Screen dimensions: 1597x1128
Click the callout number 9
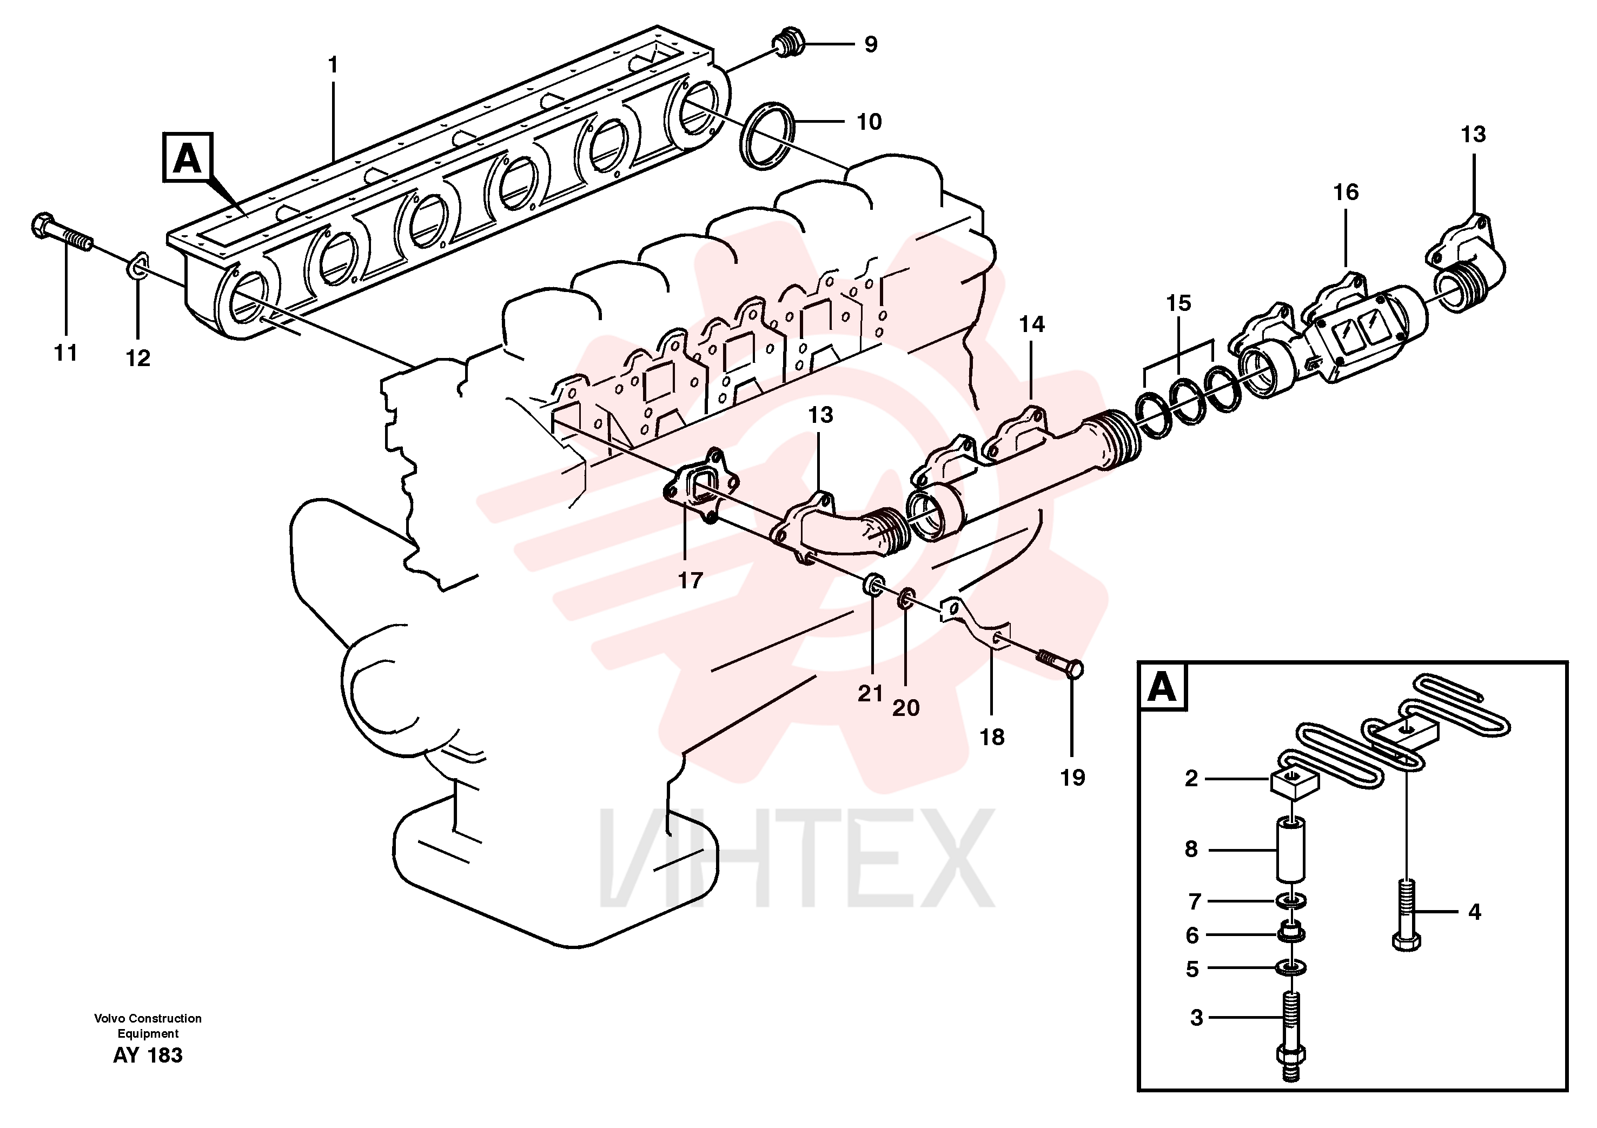pyautogui.click(x=871, y=44)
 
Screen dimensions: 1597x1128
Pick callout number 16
pyautogui.click(x=1345, y=193)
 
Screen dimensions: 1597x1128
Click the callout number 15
pyautogui.click(x=1179, y=303)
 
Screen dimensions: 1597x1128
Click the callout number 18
pyautogui.click(x=992, y=737)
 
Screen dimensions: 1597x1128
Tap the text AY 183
pyautogui.click(x=148, y=1055)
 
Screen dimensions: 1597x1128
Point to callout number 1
pyautogui.click(x=333, y=65)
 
